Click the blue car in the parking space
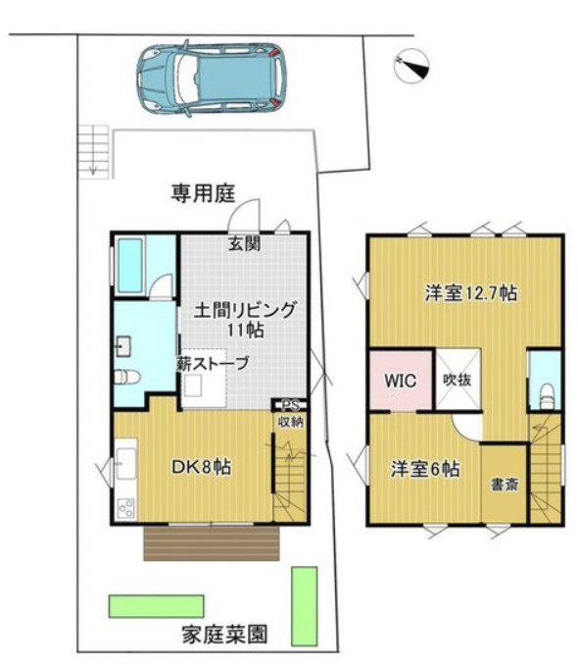pos(212,78)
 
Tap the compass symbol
pos(411,67)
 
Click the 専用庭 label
pos(203,193)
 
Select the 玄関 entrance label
pos(245,244)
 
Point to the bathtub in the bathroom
pos(129,266)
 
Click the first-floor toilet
pos(127,378)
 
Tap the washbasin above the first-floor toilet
pos(123,346)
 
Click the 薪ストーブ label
pos(213,364)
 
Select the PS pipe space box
pos(290,405)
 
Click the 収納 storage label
pos(291,422)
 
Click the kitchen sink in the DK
pos(126,463)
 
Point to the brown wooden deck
pos(212,543)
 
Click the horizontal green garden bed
pos(156,606)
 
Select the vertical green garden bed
pos(305,606)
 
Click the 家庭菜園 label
pos(225,635)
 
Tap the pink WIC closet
pos(401,381)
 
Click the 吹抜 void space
pos(458,380)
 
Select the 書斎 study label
pos(505,485)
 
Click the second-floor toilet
pos(547,396)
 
